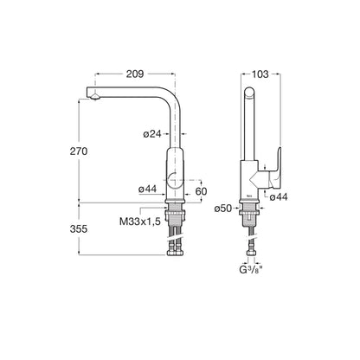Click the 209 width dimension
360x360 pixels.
click(x=135, y=74)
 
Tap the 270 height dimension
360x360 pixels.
click(x=79, y=151)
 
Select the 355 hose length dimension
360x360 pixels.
click(x=79, y=229)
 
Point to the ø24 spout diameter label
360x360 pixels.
click(x=152, y=134)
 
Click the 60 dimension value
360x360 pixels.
click(x=201, y=191)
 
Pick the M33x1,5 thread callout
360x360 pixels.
click(x=140, y=222)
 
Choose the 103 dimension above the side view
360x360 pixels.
click(x=260, y=74)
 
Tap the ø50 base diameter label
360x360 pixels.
click(x=223, y=209)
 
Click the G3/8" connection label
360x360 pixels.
click(x=251, y=270)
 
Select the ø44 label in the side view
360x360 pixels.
click(x=279, y=197)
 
